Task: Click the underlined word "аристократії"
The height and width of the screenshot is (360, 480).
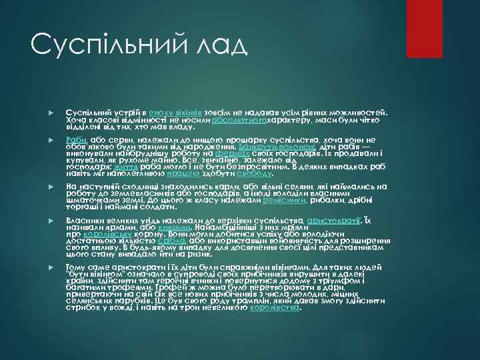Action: coord(333,219)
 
